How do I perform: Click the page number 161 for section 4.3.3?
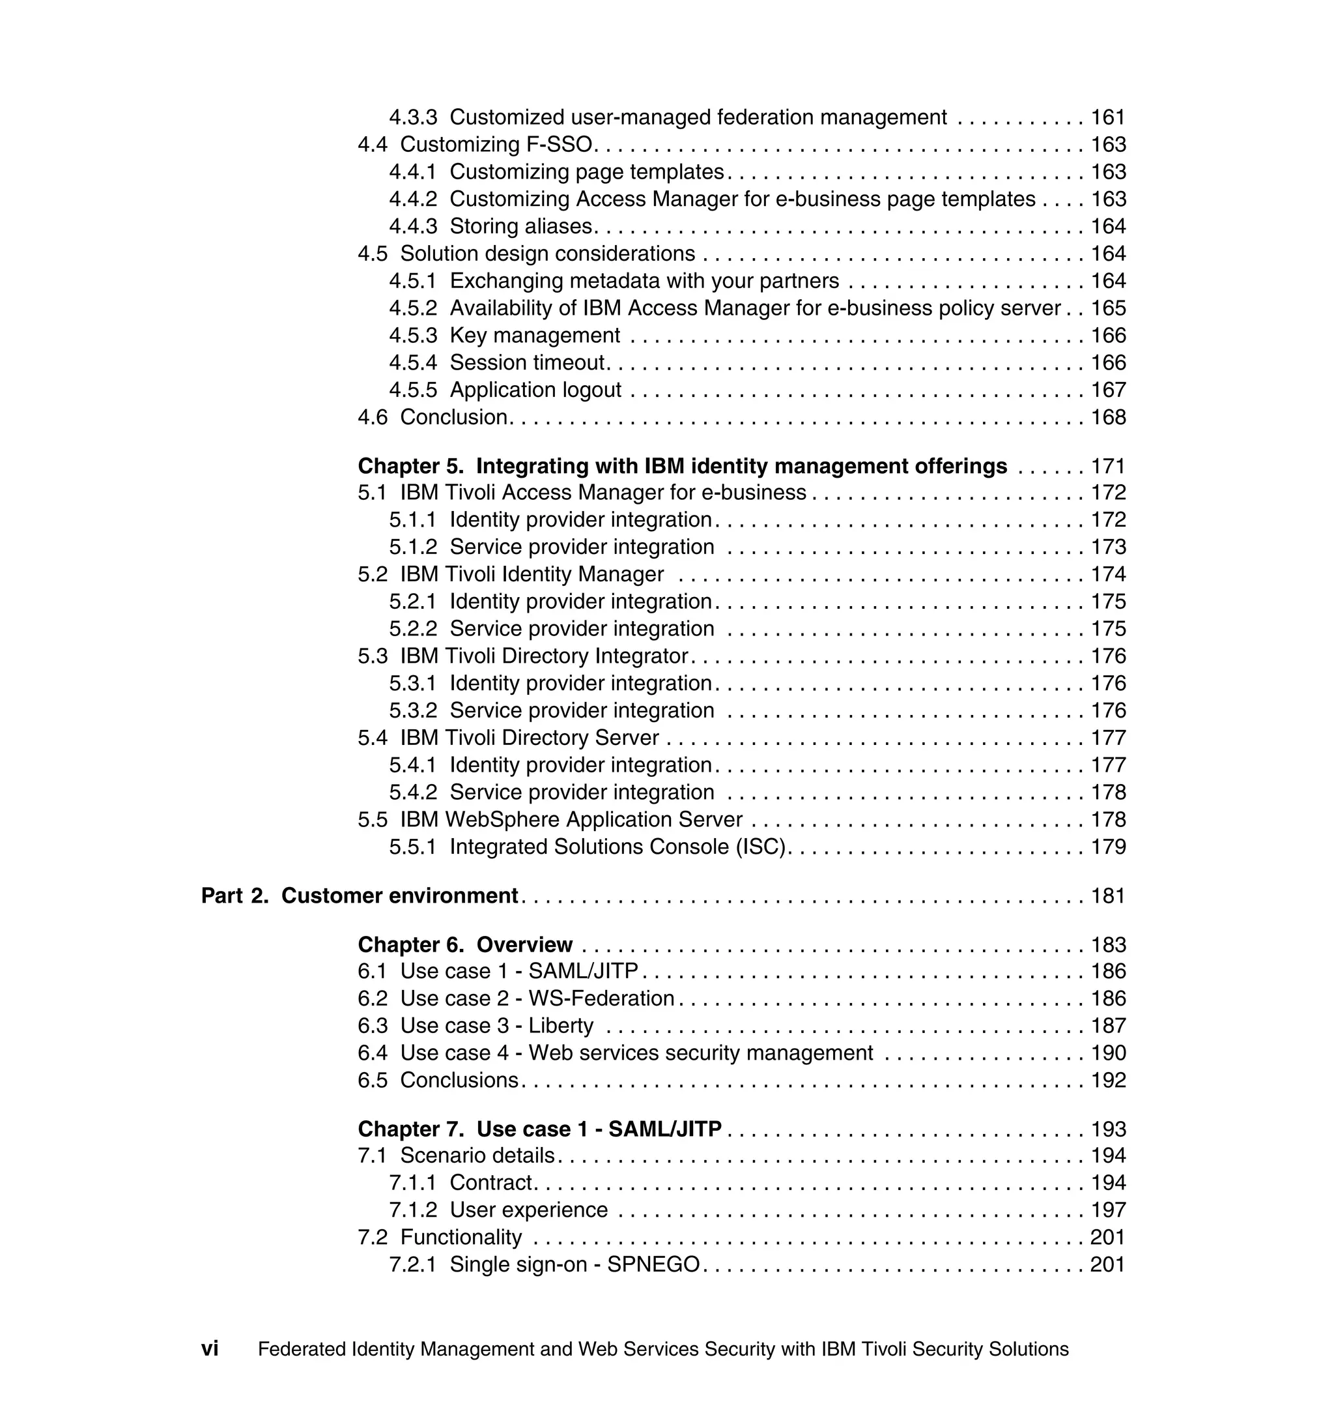1108,117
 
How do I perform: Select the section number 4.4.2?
412,199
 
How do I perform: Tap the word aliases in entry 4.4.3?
558,226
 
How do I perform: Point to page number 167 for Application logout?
1108,390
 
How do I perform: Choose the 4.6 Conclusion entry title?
453,417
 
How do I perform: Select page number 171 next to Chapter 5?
1108,466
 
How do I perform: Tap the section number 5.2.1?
412,602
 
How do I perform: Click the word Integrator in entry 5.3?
642,656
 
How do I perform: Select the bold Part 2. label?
234,896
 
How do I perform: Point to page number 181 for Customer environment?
1108,896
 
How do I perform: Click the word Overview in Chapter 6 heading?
524,945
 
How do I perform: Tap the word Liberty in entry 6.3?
560,1026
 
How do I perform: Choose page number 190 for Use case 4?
1108,1053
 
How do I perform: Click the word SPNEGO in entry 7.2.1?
653,1265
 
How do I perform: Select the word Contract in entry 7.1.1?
490,1183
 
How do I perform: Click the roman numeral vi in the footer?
210,1349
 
